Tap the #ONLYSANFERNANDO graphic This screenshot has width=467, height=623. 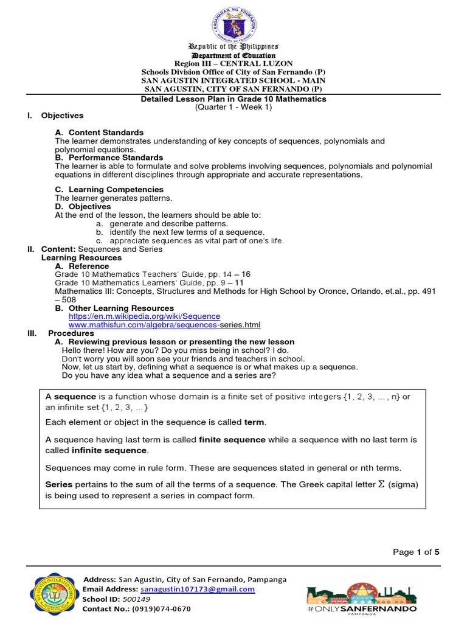362,597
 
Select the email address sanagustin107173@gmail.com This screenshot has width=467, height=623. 197,590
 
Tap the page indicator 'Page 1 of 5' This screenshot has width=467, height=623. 415,552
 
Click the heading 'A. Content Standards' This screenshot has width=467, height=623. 99,133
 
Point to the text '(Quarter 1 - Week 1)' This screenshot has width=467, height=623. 233,107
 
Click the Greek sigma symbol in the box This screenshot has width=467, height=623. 382,484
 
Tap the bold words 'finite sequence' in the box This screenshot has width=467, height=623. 232,439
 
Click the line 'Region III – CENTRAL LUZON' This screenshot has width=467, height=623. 233,63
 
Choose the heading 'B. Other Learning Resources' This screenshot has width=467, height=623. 114,308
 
